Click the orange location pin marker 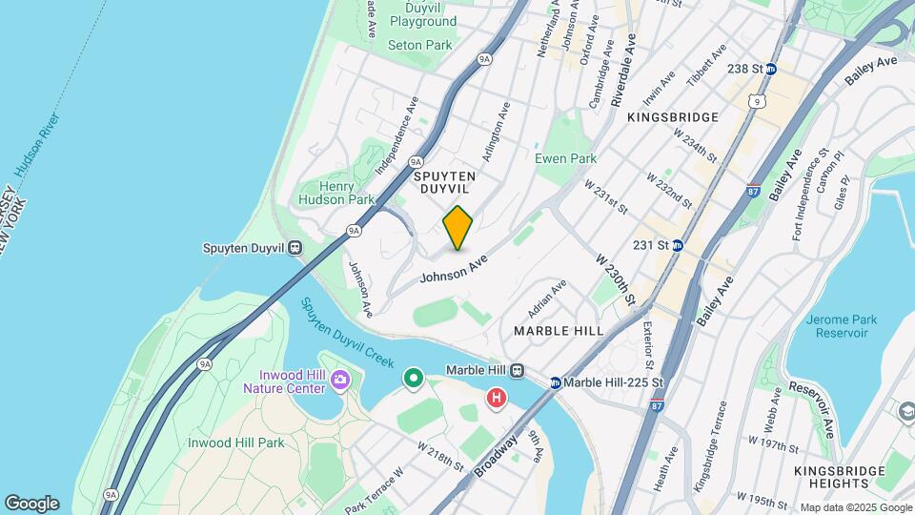tap(458, 228)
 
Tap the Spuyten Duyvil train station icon tap(295, 248)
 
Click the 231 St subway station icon tap(677, 245)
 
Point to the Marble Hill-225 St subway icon tap(555, 383)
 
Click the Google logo tap(31, 504)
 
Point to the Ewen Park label tap(565, 158)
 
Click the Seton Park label tap(420, 45)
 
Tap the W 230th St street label tap(617, 279)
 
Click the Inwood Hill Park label tap(235, 443)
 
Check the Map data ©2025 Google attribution tap(854, 507)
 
